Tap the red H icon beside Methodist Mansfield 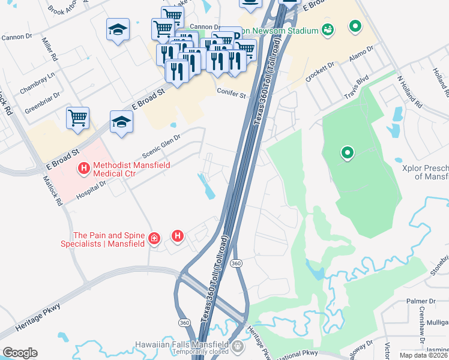click(84, 169)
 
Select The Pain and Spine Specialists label click(103, 240)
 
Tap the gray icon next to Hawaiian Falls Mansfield click(238, 346)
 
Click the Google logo click(20, 353)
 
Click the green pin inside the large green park click(347, 154)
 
